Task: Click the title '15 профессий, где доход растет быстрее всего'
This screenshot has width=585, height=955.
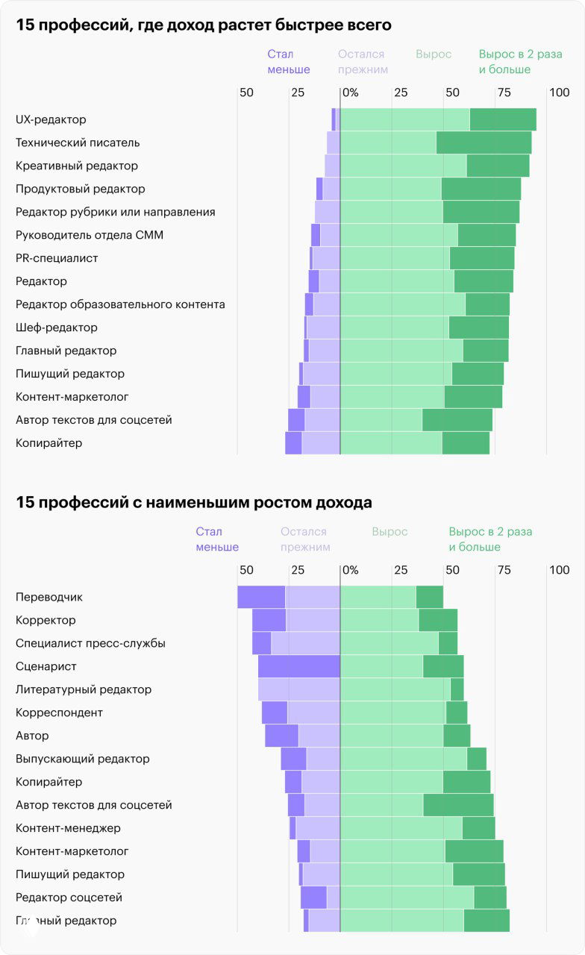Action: [x=204, y=25]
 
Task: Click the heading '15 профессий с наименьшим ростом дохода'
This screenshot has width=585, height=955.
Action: [x=194, y=503]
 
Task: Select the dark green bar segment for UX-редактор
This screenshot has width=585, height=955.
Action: [x=503, y=119]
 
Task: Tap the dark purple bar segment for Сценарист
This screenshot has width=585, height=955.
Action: [x=298, y=666]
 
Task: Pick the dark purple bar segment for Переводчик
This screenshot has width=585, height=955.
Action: [x=261, y=597]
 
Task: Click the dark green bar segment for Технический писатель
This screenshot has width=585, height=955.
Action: [x=484, y=143]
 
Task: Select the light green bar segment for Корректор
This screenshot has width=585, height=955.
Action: [x=379, y=620]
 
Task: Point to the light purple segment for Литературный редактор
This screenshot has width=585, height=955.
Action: [x=298, y=689]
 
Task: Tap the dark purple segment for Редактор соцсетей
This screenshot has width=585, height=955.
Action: [x=313, y=898]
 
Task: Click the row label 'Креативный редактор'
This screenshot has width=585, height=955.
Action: [x=77, y=166]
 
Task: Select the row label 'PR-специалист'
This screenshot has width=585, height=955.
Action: [x=57, y=258]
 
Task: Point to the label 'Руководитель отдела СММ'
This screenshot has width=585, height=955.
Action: [x=90, y=235]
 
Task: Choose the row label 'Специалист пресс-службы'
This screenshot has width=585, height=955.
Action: [x=90, y=643]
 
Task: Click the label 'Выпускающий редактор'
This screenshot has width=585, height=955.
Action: [x=83, y=759]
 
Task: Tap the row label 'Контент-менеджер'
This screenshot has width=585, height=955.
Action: [x=68, y=828]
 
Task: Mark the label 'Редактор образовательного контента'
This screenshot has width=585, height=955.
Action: [x=120, y=304]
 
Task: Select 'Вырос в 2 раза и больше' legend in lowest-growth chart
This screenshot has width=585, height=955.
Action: [x=490, y=539]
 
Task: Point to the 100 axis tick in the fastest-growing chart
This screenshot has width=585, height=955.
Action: [x=559, y=93]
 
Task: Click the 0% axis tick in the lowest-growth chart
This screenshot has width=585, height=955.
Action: [x=349, y=570]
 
